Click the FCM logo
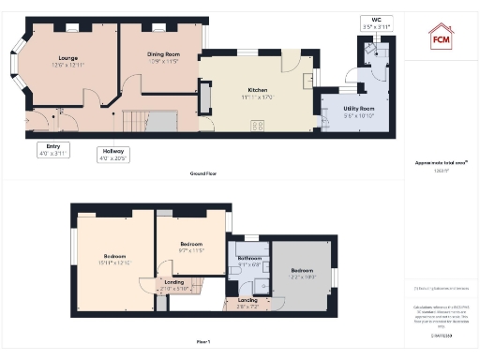point(440,37)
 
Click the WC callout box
point(375,23)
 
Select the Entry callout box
point(52,149)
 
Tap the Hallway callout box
point(115,154)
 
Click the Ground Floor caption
point(203,174)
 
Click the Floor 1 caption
point(203,342)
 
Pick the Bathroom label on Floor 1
point(248,260)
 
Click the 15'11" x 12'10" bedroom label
point(115,259)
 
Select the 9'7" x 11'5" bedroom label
point(190,247)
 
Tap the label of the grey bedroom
point(304,273)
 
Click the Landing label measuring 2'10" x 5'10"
point(174,285)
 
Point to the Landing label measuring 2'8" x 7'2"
point(247,303)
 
